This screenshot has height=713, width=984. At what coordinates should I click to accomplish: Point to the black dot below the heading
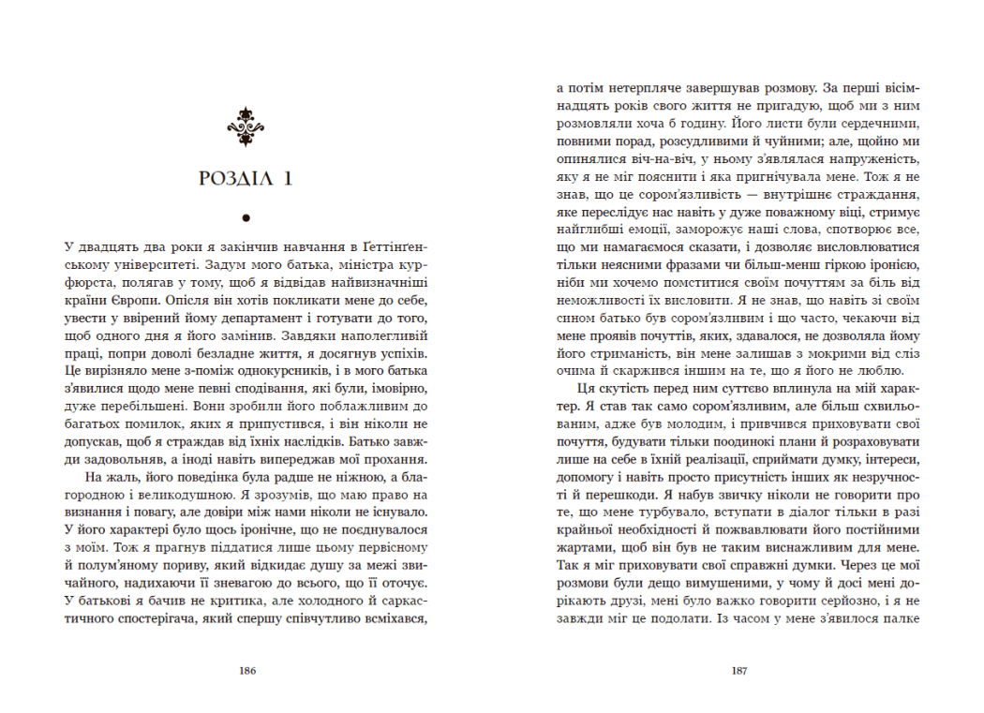246,218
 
